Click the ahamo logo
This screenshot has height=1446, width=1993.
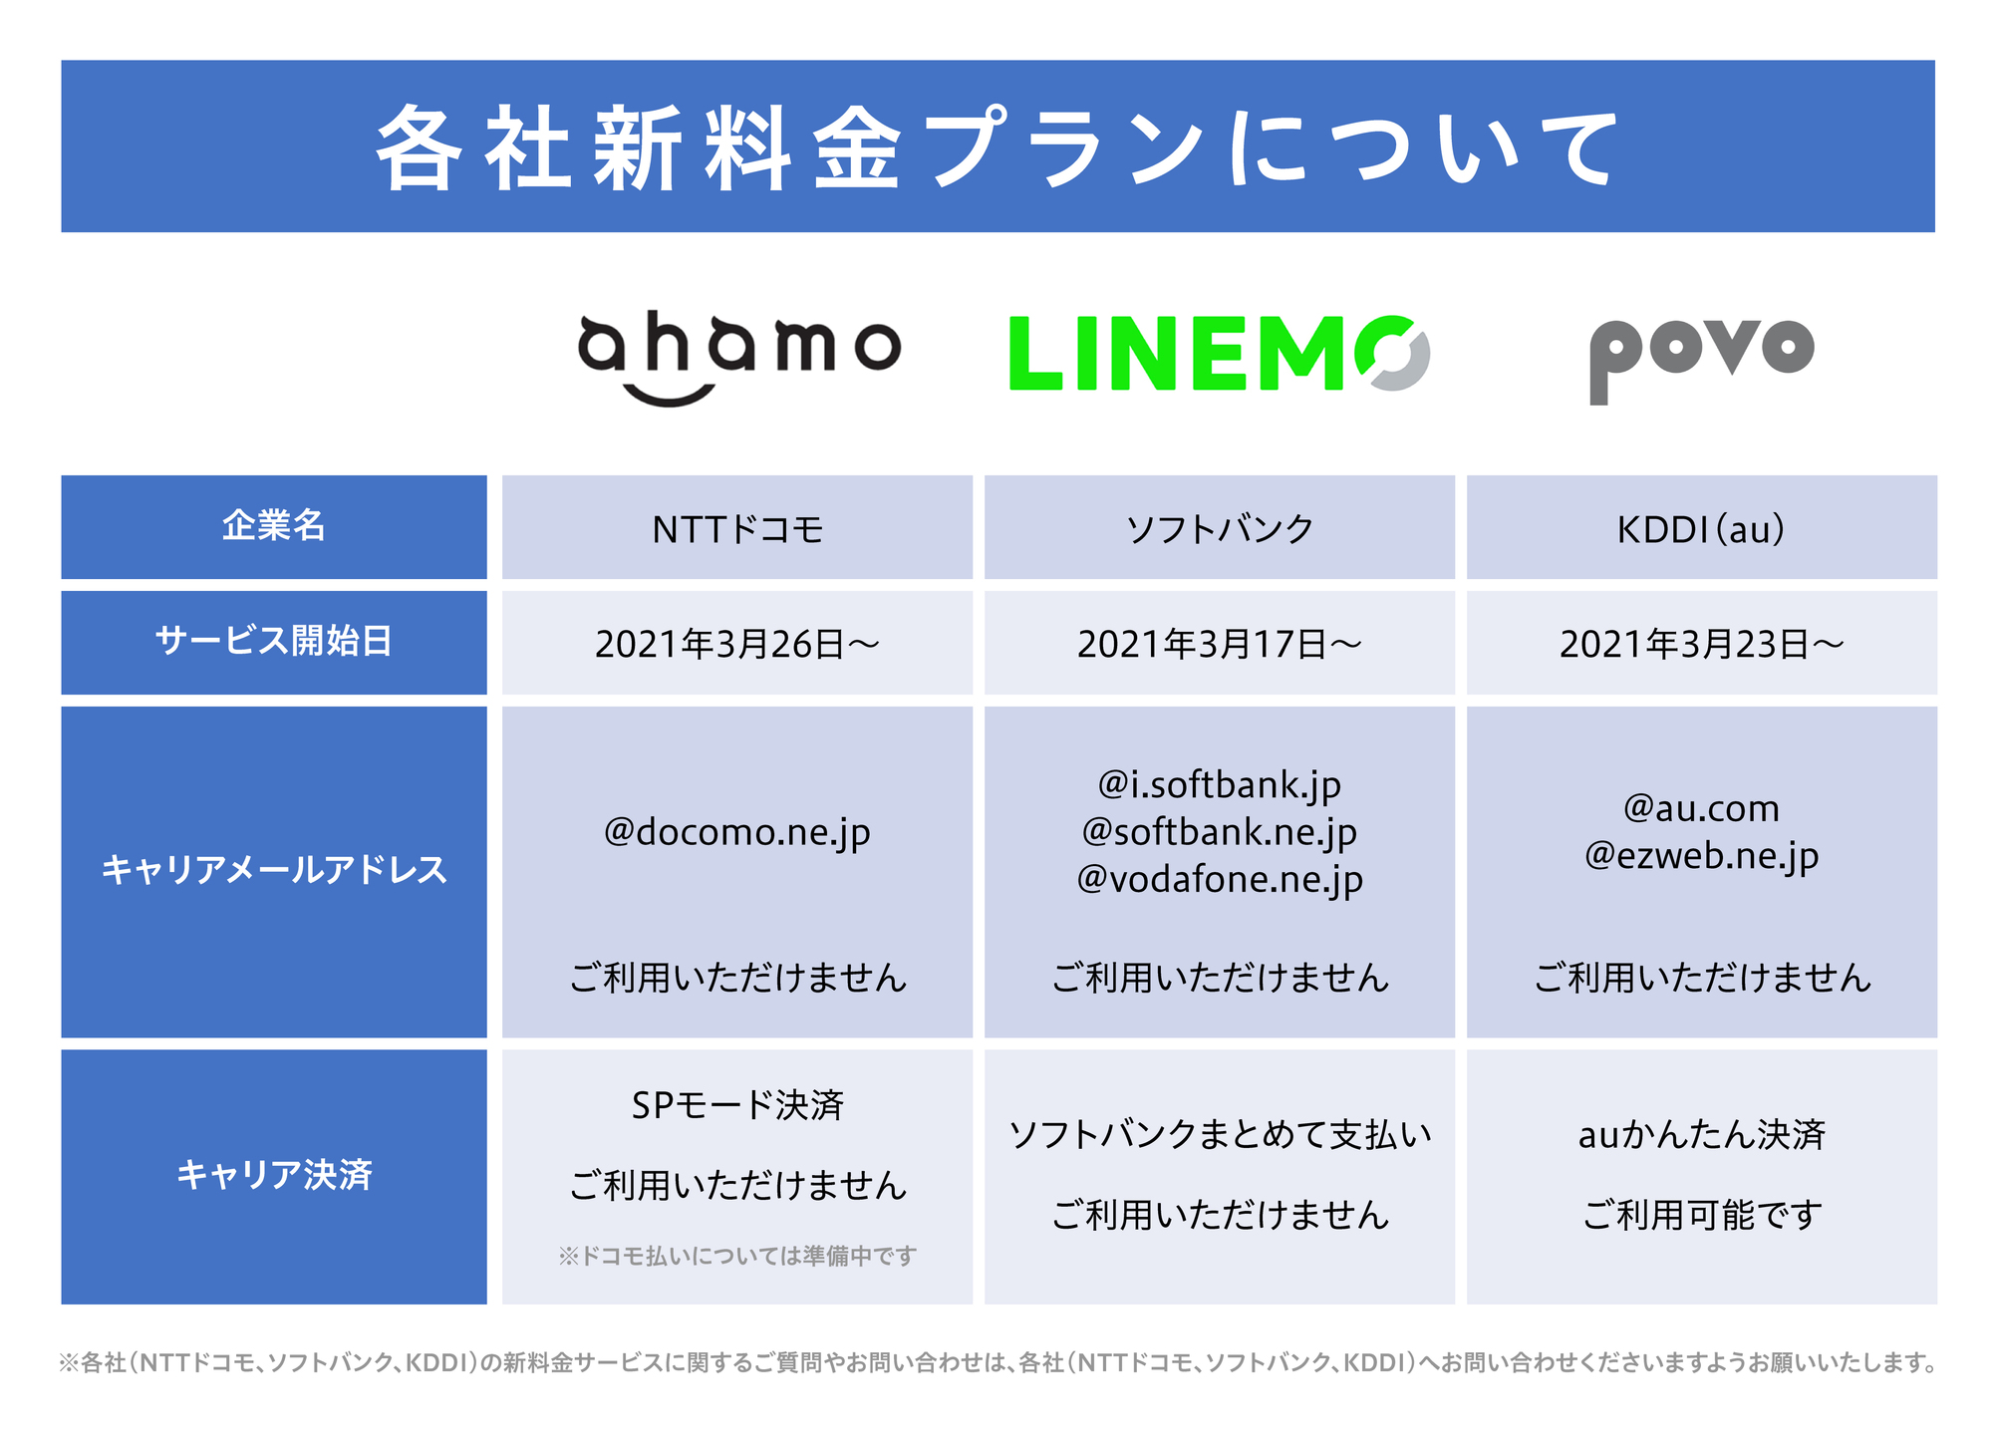738,357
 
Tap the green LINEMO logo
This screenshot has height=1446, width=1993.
1219,354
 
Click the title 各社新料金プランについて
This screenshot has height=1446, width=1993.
996,146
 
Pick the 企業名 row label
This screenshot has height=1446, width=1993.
274,525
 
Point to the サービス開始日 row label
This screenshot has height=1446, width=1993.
274,640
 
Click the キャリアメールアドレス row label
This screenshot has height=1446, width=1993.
274,869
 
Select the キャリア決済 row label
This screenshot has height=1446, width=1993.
274,1174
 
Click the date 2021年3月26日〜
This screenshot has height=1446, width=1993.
737,644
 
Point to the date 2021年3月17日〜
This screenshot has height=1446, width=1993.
1220,644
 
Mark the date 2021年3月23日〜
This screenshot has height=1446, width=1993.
1702,644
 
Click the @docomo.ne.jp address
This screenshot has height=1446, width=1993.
737,832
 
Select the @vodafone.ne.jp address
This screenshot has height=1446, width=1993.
1220,879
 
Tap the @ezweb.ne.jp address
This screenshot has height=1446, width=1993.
1702,855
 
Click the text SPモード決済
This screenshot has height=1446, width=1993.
737,1104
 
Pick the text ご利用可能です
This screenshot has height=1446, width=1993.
1702,1214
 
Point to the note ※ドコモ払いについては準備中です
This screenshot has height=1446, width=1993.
737,1256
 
